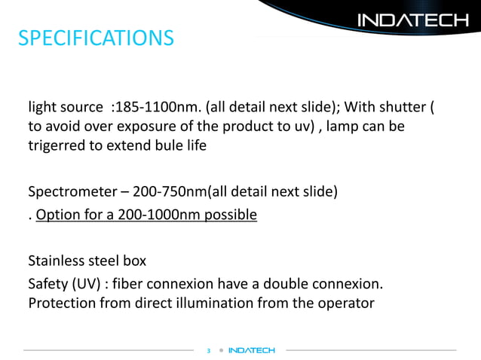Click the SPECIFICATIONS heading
[96, 37]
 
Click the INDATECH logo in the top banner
[412, 20]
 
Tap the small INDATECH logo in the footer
[252, 350]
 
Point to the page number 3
[209, 350]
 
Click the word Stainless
[58, 261]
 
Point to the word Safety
[48, 284]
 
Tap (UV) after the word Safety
[89, 284]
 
